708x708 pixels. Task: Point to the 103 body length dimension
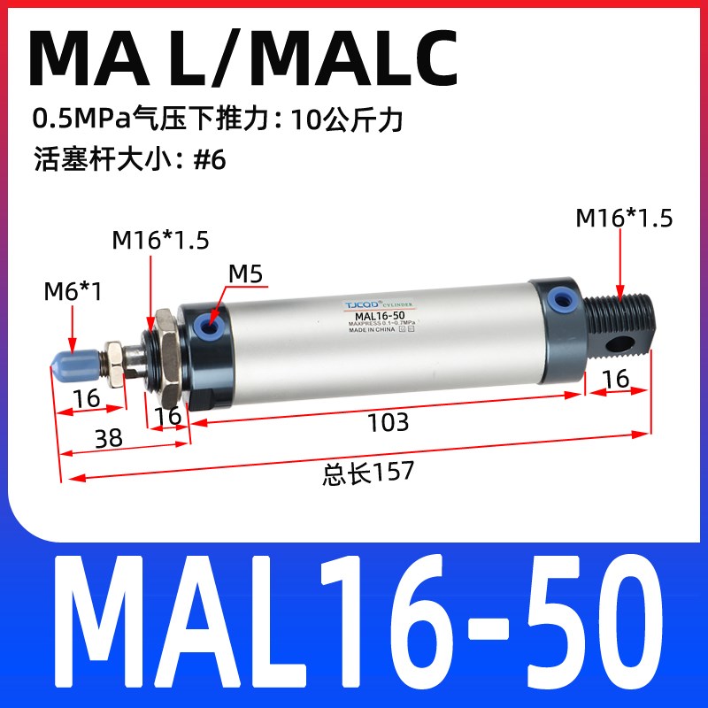tap(389, 422)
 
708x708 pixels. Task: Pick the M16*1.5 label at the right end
tap(624, 219)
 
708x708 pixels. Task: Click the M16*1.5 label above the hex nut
tap(161, 240)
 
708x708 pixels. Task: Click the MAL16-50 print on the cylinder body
tap(381, 316)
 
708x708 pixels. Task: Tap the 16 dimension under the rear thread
tap(616, 379)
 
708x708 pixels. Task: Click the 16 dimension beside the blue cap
tap(87, 398)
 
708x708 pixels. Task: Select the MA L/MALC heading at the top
tap(243, 58)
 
